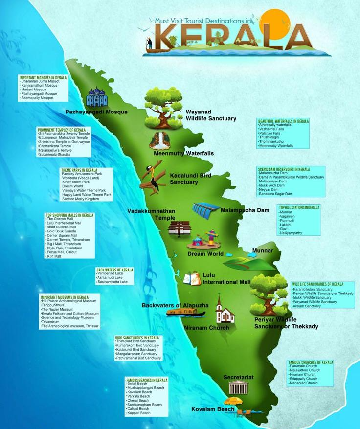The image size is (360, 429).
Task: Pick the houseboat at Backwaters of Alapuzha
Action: point(185,312)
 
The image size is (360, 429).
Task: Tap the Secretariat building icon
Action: point(239,388)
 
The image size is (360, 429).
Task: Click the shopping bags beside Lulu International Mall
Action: point(192,279)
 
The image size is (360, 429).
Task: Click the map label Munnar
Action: point(262,251)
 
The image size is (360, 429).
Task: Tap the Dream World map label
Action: point(205,254)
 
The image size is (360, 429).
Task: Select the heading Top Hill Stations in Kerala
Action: point(299,207)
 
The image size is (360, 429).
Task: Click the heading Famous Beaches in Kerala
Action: point(147,380)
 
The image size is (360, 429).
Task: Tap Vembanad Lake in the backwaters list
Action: point(112,274)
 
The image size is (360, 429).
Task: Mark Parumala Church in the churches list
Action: point(303,366)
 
